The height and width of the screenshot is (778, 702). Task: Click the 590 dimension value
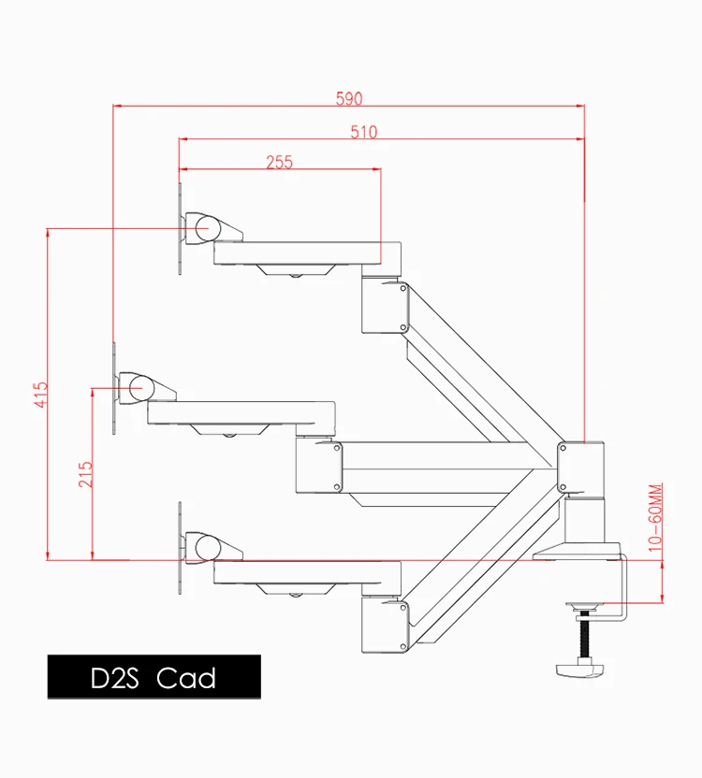point(348,98)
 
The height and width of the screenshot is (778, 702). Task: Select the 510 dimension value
point(363,132)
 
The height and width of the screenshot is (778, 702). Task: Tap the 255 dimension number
point(279,162)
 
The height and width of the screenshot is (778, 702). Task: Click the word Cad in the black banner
point(187,677)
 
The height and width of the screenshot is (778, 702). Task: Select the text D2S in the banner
point(114,677)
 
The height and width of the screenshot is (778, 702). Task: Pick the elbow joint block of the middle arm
point(318,464)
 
